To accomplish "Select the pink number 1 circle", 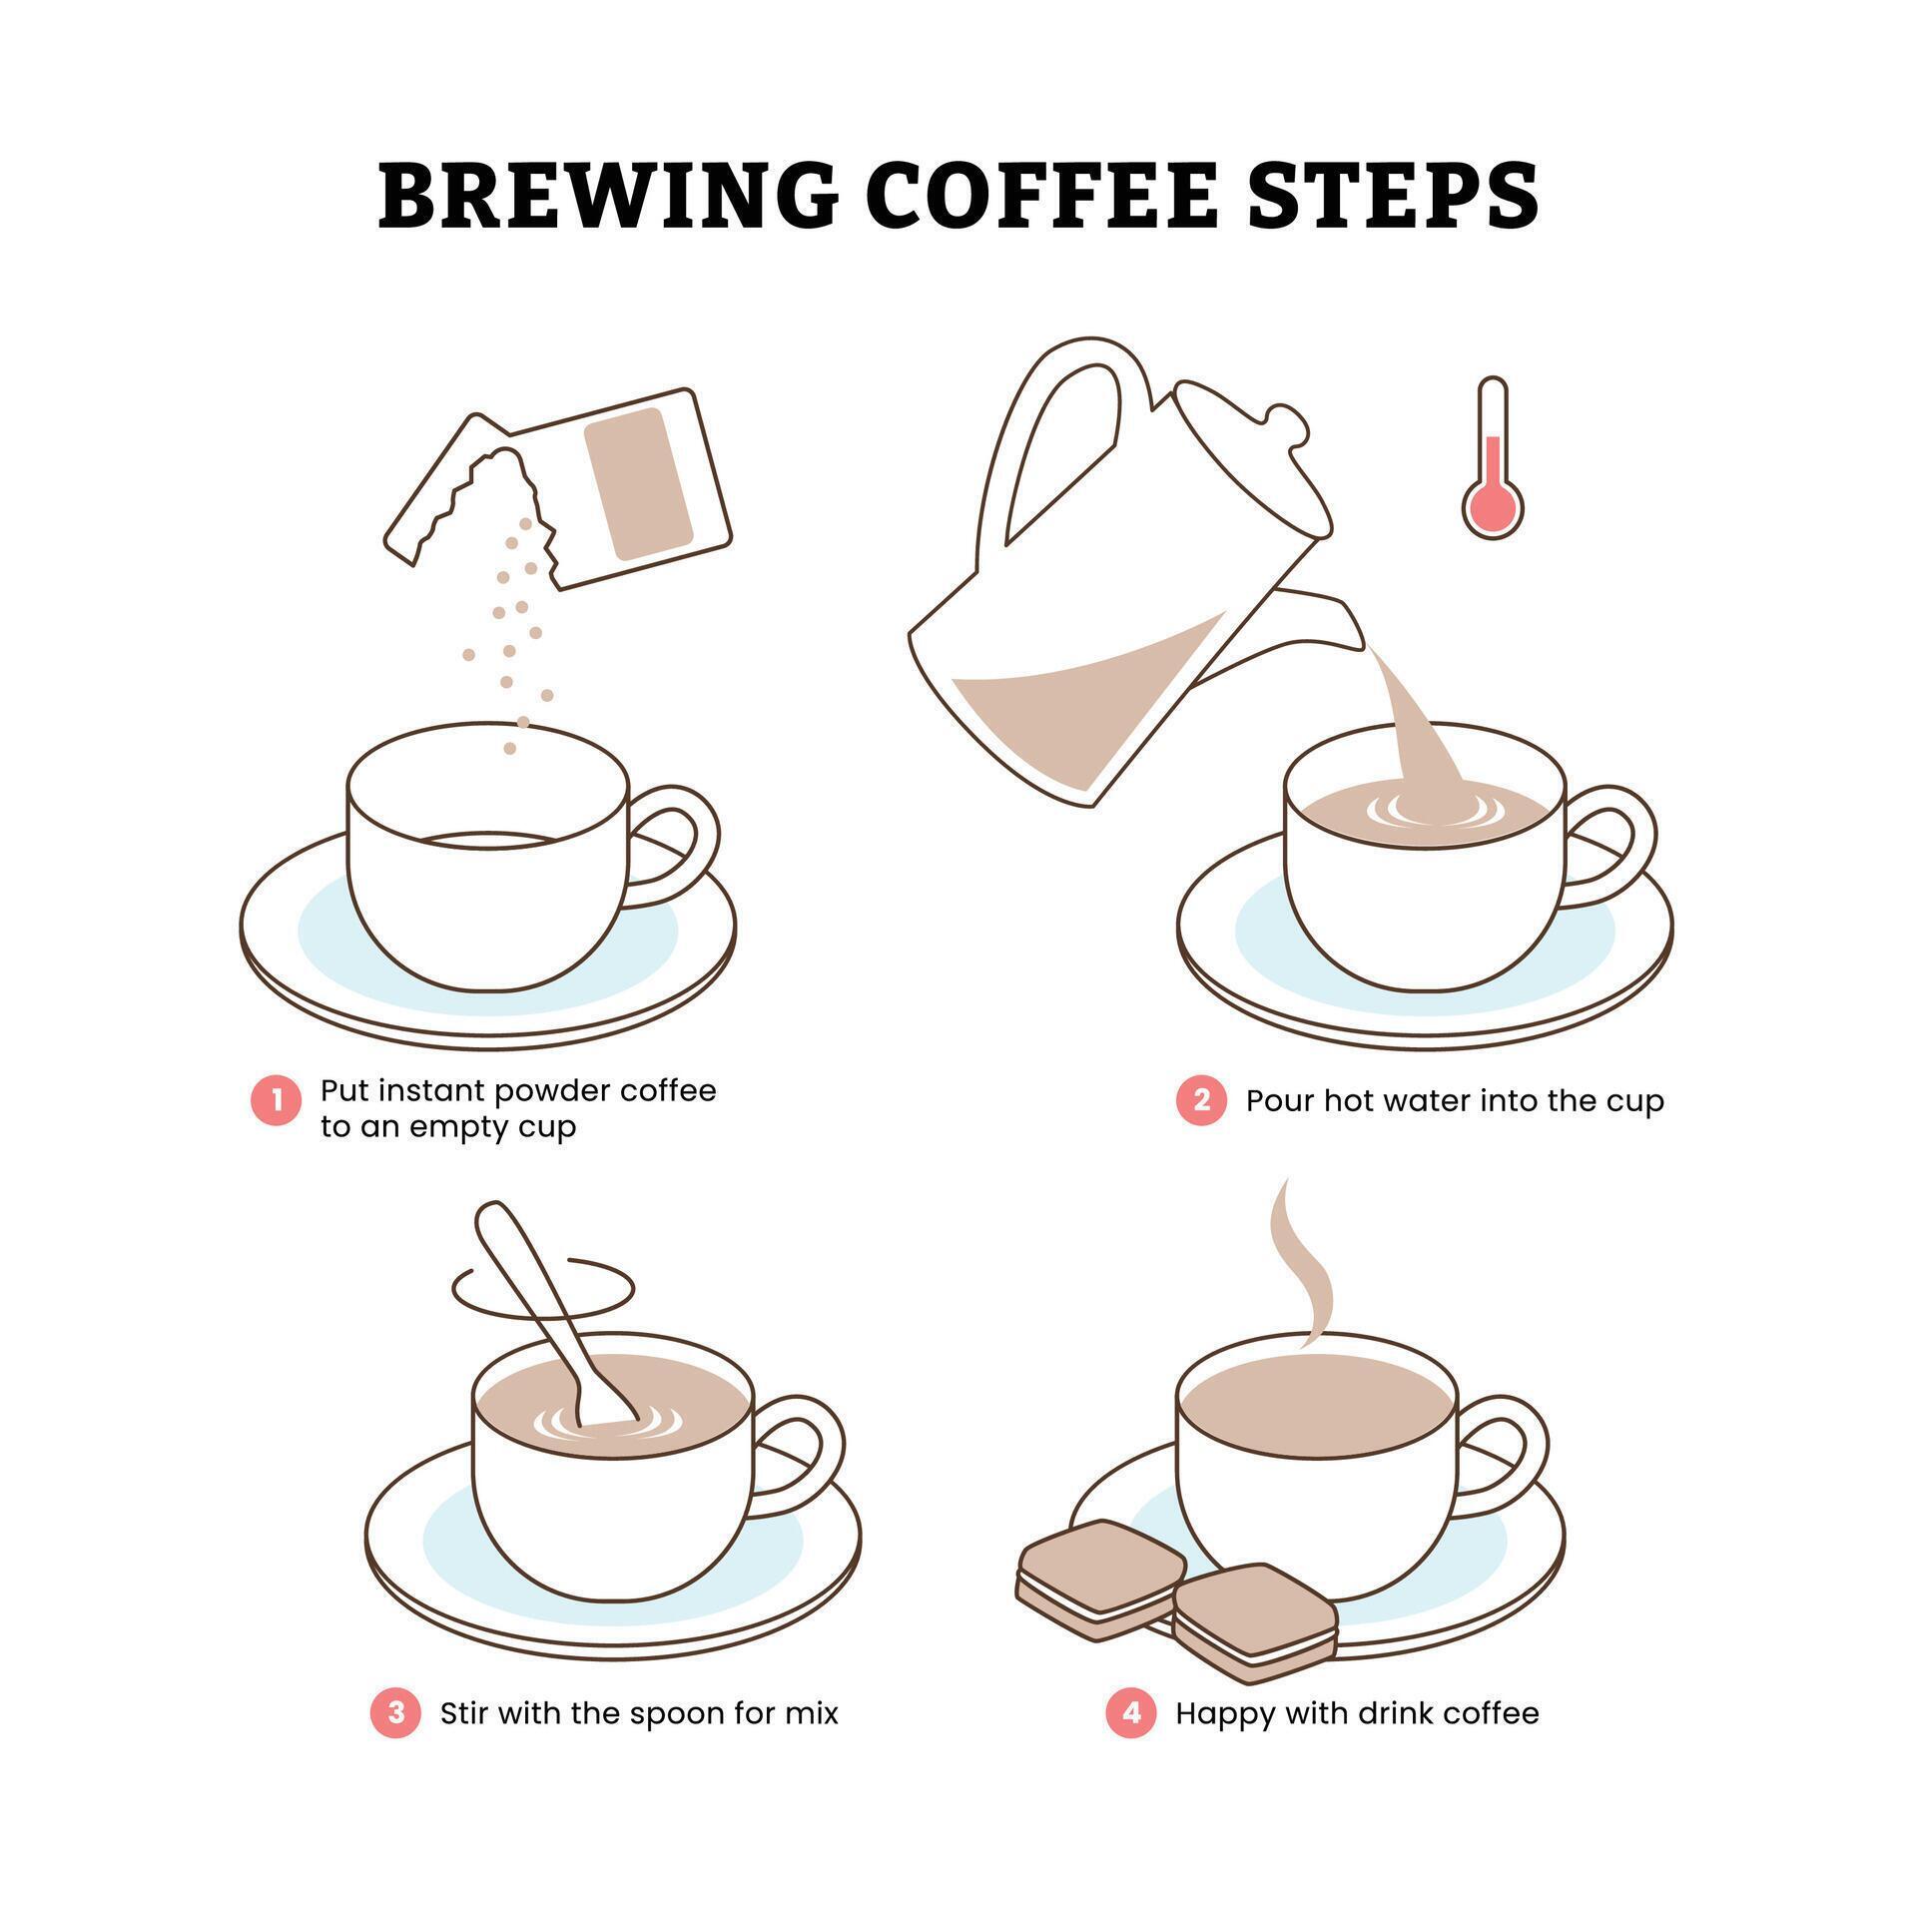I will [x=276, y=1101].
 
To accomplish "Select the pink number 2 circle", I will [x=1201, y=1100].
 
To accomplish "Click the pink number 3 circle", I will [x=395, y=1713].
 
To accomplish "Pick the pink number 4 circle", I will [x=1130, y=1713].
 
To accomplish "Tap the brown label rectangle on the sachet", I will [x=639, y=483].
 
